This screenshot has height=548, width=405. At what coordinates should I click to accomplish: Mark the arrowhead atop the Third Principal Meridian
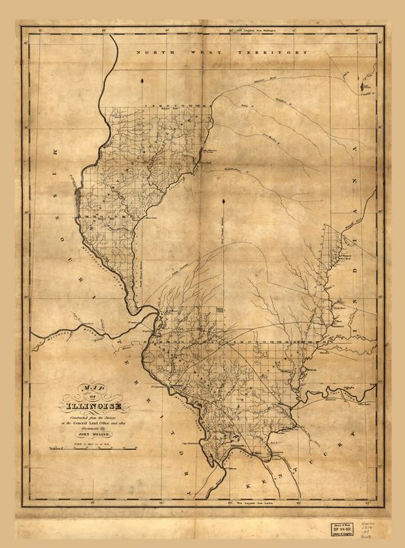[x=224, y=201]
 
